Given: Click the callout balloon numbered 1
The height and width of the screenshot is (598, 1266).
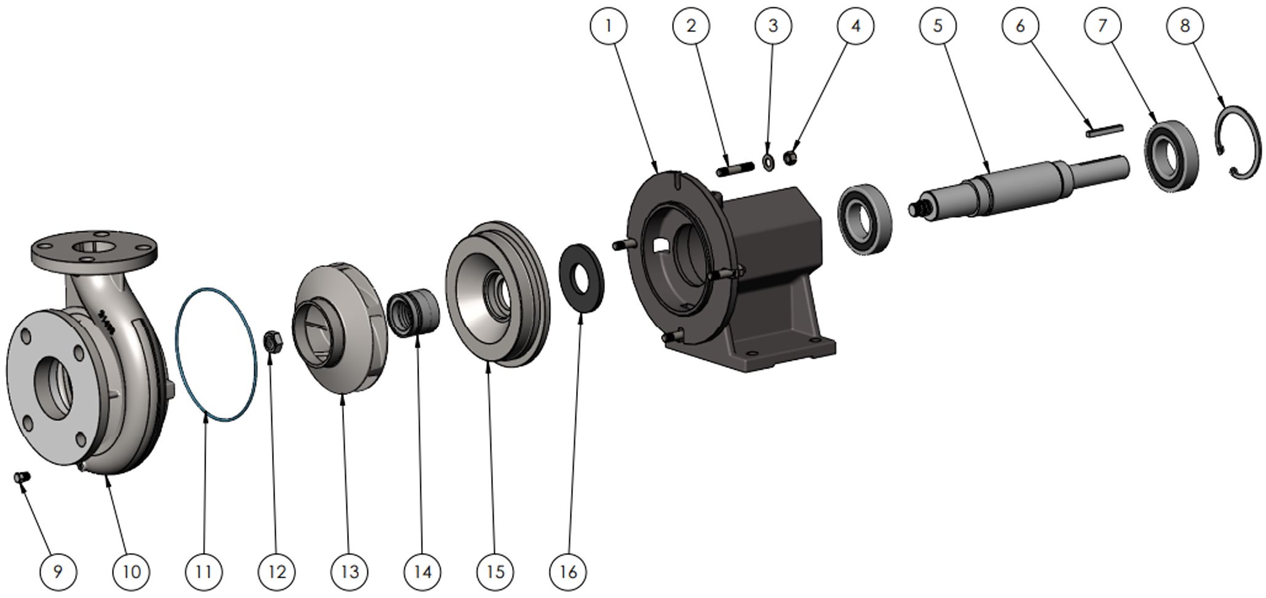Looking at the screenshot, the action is (608, 26).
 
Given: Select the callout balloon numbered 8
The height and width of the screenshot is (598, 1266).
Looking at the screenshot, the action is (1185, 26).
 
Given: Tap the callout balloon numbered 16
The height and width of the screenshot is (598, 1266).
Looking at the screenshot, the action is (568, 572).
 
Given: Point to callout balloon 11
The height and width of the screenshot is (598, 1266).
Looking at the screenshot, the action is (204, 572).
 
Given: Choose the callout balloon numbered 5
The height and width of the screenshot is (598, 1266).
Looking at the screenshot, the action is (938, 26).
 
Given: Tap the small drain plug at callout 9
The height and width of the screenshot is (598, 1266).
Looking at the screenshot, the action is (22, 477).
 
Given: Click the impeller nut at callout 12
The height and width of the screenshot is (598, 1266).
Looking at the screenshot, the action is (273, 341).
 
